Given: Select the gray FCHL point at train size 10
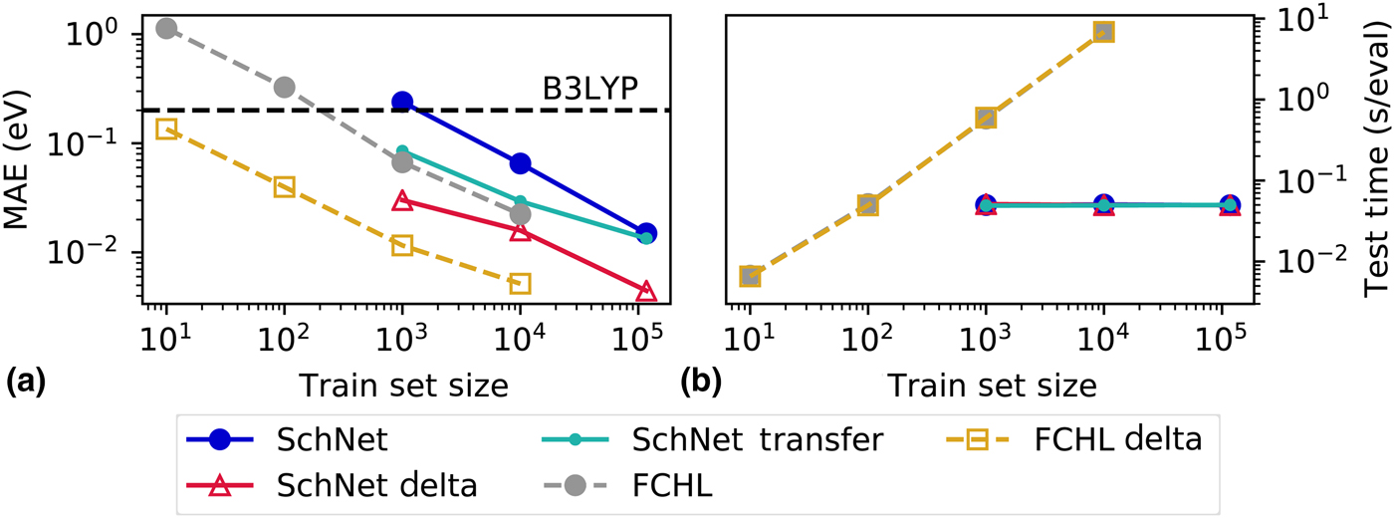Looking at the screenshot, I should [x=166, y=28].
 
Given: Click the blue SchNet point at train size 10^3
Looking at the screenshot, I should [x=402, y=102].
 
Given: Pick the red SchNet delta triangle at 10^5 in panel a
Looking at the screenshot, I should [x=645, y=320].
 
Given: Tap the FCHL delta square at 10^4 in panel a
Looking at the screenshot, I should [x=520, y=284].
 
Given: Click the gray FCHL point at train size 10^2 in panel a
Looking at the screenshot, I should [x=284, y=88].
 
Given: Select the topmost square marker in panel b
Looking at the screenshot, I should [x=1103, y=32].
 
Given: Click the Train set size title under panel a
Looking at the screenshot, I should [x=406, y=385].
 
